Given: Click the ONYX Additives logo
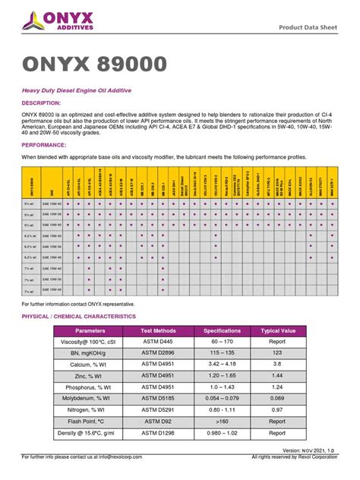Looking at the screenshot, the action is (58, 24).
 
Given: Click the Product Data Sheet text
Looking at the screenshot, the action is (308, 28).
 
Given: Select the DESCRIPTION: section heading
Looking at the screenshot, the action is (42, 102).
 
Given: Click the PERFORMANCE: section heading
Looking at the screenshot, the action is (43, 144).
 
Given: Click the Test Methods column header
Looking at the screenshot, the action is (158, 331).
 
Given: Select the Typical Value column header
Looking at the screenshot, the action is (278, 331).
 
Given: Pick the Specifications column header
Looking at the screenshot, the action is (222, 331).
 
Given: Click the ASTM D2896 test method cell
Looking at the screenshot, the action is (158, 354).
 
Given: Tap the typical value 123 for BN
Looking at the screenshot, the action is (278, 354).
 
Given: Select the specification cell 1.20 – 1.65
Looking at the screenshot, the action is (222, 376).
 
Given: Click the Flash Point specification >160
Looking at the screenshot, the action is (222, 421).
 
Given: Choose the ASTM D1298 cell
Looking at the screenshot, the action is (158, 432).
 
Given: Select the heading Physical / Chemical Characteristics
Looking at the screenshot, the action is (78, 316).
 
